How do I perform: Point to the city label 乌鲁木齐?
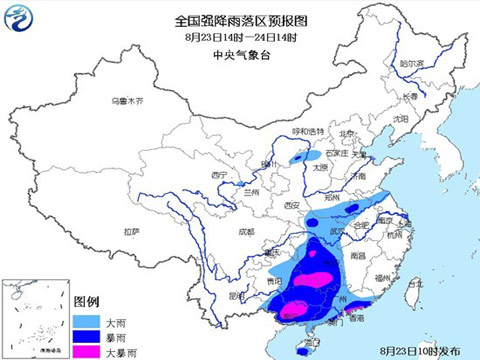tap(127, 101)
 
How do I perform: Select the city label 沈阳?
tap(401, 118)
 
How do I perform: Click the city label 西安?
tap(292, 204)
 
